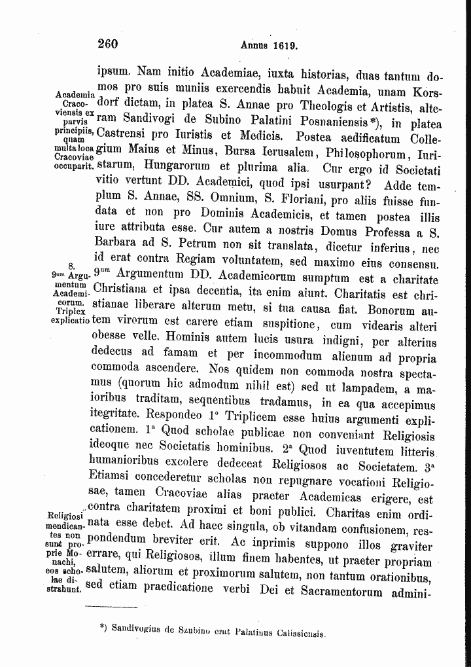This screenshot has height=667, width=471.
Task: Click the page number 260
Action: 107,45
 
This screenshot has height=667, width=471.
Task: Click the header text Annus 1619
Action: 270,46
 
